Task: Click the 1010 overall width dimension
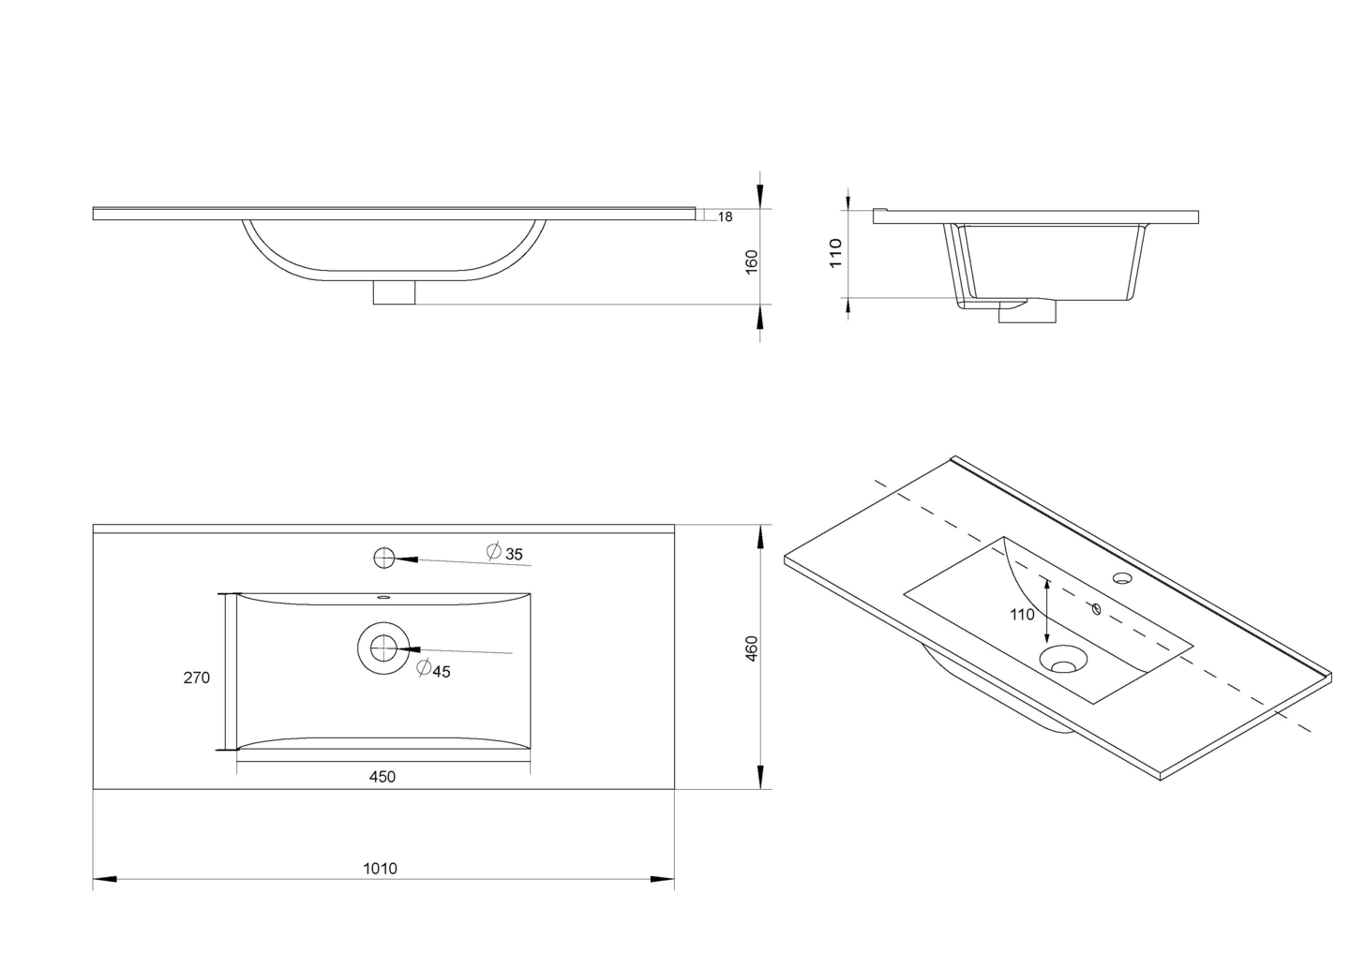381,869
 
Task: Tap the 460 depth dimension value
751,648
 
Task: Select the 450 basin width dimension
382,777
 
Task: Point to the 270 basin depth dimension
197,678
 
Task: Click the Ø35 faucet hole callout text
504,552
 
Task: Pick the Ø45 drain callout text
433,669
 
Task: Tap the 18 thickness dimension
725,216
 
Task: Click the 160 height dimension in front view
752,262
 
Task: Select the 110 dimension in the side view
835,254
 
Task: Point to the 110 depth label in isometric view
1022,615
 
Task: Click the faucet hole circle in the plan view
384,559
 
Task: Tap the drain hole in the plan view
383,648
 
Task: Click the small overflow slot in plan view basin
383,598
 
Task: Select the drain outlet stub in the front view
394,292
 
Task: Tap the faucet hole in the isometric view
1121,578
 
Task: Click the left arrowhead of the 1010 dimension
104,879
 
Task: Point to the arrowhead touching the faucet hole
406,559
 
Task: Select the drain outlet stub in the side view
1027,311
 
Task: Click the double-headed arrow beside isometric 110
1047,611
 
